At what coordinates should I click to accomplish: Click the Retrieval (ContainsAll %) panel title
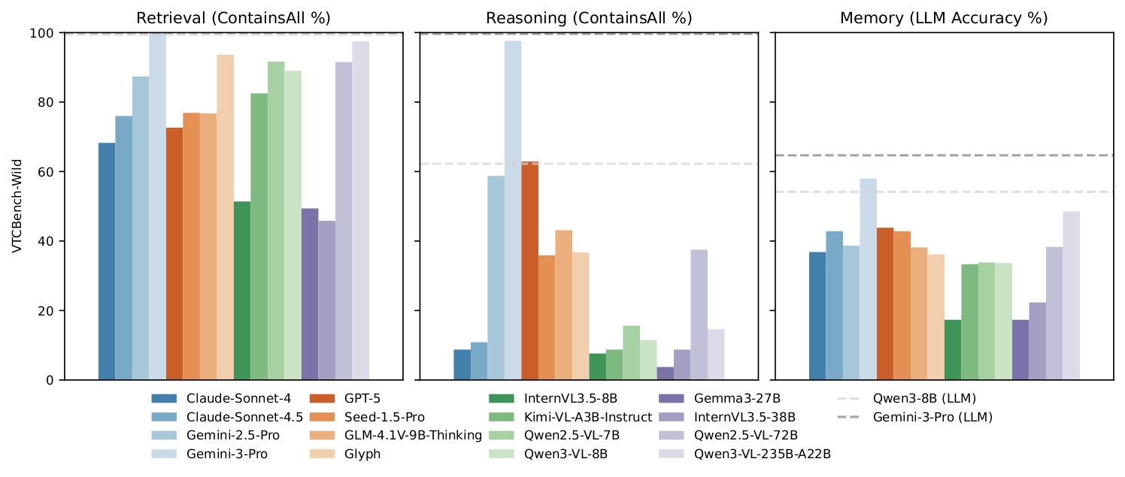point(234,18)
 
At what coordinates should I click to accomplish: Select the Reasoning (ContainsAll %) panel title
point(589,18)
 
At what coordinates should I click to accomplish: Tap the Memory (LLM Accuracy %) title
point(944,18)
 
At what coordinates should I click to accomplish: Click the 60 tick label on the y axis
point(46,172)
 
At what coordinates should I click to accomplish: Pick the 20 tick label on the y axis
point(46,311)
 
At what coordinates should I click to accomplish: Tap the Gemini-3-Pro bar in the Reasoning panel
point(513,210)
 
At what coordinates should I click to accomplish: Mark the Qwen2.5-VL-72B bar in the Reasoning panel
point(699,315)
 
